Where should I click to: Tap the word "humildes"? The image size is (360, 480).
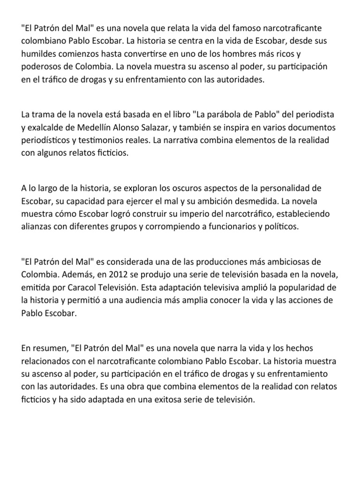(x=38, y=54)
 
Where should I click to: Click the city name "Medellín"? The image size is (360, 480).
(x=100, y=127)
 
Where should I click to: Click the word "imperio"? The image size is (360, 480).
(x=180, y=214)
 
